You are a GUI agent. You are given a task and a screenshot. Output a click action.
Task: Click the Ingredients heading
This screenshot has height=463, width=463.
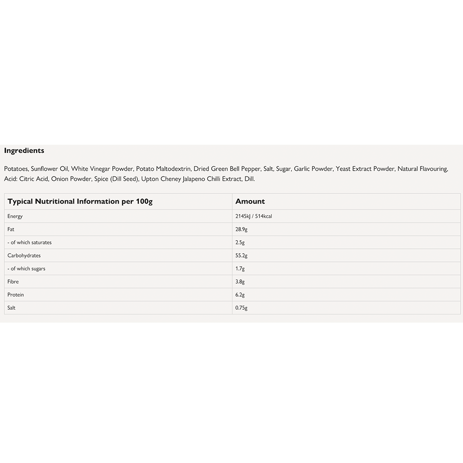pos(24,150)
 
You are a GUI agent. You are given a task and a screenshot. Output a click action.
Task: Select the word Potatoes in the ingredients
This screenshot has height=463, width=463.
pos(16,169)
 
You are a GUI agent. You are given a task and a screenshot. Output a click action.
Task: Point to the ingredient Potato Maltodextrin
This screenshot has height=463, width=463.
pos(163,169)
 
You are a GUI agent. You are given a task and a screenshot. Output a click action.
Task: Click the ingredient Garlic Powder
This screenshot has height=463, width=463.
pos(313,169)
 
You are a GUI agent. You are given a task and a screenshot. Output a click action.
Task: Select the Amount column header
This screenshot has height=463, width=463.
pos(250,201)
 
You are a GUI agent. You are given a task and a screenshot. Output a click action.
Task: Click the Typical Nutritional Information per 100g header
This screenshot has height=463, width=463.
pos(80,201)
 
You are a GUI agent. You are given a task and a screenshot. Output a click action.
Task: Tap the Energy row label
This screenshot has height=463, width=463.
pos(15,216)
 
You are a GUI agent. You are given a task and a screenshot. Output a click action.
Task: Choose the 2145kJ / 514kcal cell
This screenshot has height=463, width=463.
pos(254,216)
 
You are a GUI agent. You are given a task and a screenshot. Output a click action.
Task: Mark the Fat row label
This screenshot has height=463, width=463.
pos(11,229)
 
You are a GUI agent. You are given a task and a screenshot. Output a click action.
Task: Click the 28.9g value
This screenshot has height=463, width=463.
pos(242,229)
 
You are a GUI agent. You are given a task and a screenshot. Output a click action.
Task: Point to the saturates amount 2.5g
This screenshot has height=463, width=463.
pos(240,242)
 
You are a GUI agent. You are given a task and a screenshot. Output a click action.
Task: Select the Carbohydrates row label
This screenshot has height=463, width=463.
pos(24,255)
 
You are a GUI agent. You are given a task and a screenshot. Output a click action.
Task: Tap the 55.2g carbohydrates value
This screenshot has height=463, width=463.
pos(242,255)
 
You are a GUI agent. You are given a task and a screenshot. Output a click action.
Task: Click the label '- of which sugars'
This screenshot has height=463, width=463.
pos(27,268)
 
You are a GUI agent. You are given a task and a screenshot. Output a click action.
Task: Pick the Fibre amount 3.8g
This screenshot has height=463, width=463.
pos(240,281)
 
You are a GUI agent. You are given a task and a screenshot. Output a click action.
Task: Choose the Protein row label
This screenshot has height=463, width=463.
pos(15,294)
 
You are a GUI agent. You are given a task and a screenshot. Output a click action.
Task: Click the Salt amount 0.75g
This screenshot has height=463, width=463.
pos(242,307)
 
